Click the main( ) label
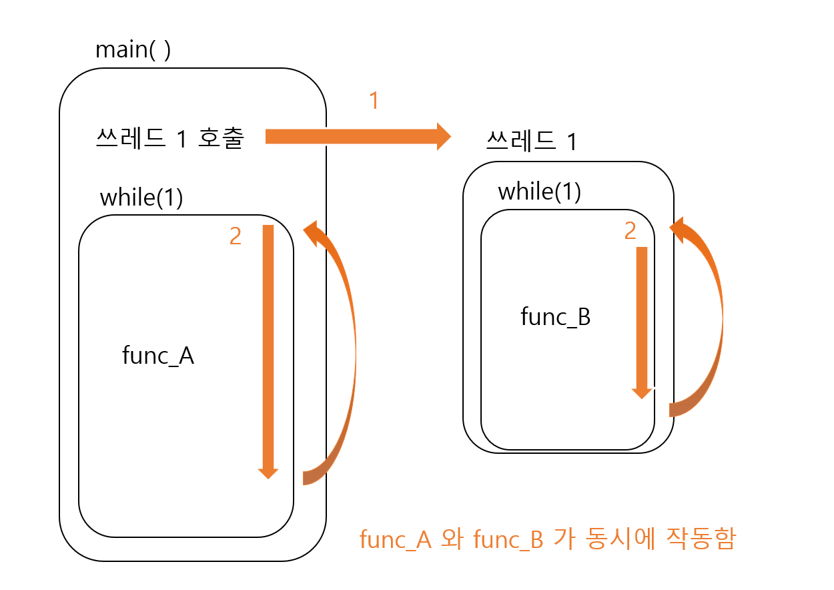133,49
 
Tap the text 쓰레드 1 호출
170,138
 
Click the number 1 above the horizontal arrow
374,101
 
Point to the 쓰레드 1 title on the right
531,141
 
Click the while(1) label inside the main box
141,198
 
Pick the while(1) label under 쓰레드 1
539,192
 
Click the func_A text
158,356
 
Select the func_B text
555,316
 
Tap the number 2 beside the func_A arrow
235,236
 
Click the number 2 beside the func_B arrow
630,231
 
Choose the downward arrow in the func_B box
642,320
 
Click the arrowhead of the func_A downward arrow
268,473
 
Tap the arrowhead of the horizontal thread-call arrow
444,136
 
